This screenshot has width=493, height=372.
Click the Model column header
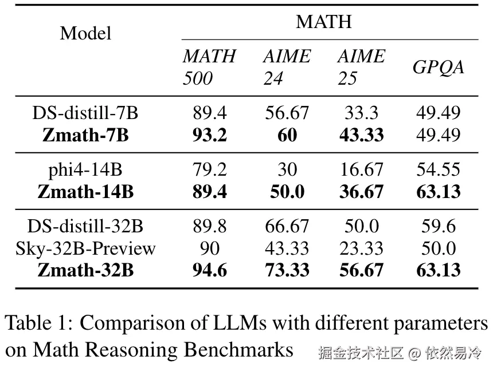click(x=85, y=33)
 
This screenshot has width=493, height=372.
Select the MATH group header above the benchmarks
click(x=323, y=22)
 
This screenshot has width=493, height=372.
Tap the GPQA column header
click(x=438, y=67)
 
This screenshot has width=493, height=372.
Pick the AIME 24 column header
click(x=287, y=67)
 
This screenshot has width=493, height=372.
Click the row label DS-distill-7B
click(x=85, y=113)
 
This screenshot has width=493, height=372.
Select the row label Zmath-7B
click(x=85, y=135)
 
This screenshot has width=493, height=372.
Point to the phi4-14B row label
click(x=85, y=169)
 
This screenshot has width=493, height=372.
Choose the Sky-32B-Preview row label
click(x=85, y=248)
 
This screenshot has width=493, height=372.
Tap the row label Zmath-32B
click(x=85, y=270)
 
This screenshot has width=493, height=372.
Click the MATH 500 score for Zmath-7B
click(x=209, y=135)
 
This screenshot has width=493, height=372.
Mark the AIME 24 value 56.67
click(x=287, y=113)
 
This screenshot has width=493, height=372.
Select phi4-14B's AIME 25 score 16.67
click(x=361, y=169)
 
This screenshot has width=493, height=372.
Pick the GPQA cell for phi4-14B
click(x=438, y=169)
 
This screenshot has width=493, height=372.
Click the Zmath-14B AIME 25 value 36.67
click(x=361, y=192)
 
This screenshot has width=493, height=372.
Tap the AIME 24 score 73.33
click(x=287, y=270)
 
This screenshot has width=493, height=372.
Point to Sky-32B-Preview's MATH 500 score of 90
click(x=209, y=248)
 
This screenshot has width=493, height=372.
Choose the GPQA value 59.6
click(x=438, y=227)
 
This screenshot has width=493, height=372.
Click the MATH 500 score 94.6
click(x=209, y=270)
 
